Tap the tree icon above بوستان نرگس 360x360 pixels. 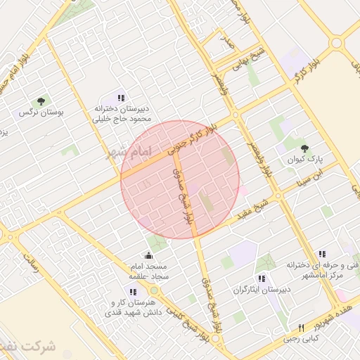(x=41, y=101)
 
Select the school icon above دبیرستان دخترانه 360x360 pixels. (x=121, y=98)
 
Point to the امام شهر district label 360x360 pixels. (x=127, y=153)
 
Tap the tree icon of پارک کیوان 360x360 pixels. (x=304, y=148)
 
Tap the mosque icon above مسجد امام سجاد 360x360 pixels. (x=148, y=255)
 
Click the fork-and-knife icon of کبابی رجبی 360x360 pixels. (x=302, y=327)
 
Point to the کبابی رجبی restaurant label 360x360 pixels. (x=301, y=338)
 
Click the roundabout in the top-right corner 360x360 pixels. (x=337, y=43)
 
